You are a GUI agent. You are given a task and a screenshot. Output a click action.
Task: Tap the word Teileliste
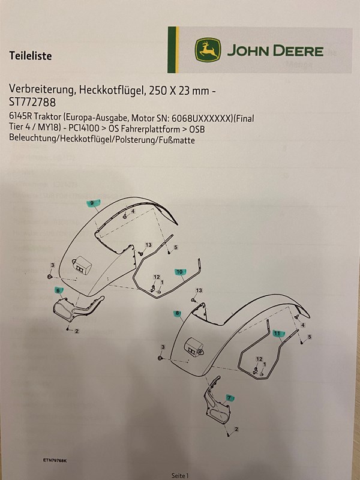point(31,56)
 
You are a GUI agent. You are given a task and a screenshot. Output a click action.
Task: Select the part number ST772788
point(32,102)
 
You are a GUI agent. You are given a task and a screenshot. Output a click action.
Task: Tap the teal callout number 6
point(58,290)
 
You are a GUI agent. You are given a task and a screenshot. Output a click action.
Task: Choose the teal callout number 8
point(177,313)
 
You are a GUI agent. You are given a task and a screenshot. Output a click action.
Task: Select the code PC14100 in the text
point(88,128)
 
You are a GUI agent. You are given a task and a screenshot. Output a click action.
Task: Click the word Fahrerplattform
point(152,129)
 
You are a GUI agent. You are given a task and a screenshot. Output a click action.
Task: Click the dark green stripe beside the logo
point(172,50)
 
